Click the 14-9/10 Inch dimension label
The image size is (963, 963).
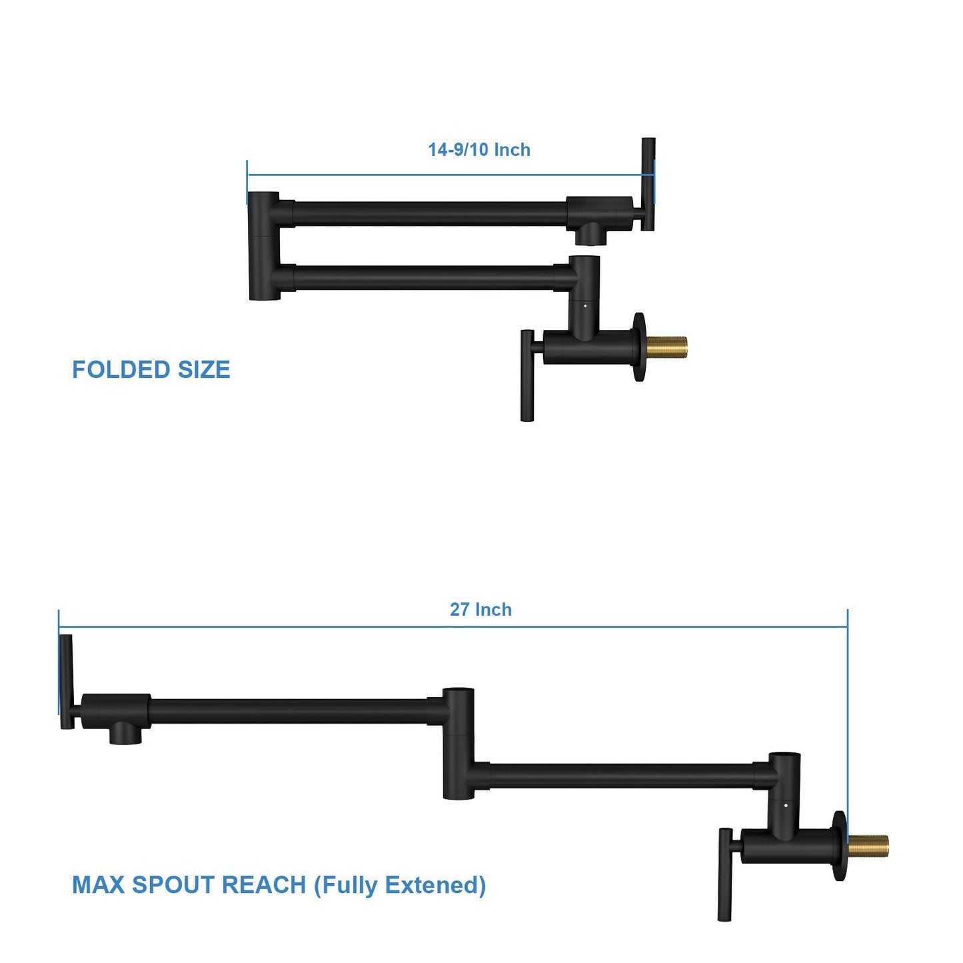[479, 150]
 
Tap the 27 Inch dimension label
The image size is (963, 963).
[481, 610]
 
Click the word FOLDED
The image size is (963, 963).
[121, 370]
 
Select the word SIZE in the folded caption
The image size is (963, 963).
[203, 370]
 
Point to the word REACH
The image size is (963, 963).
[263, 885]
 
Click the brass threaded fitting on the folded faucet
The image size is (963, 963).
[666, 347]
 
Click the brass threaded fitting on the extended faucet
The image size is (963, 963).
[868, 846]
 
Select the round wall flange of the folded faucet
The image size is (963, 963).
[640, 347]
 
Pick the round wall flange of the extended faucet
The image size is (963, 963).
[839, 846]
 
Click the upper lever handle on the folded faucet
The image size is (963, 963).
[648, 184]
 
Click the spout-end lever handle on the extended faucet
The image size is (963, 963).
[66, 681]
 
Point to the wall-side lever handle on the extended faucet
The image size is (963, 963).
[724, 874]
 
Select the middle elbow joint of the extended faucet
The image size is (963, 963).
[459, 743]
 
